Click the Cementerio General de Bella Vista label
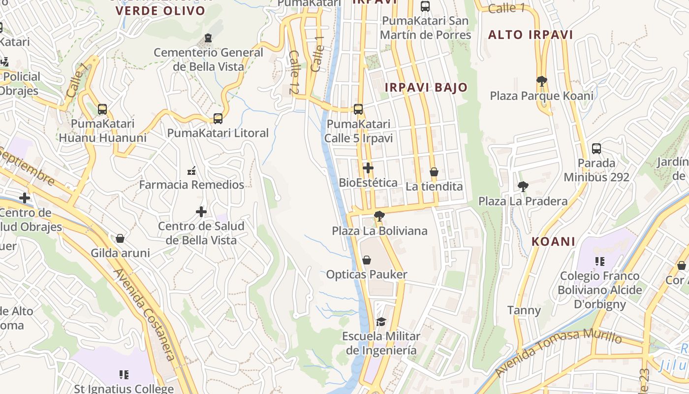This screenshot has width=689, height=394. pos(209,59)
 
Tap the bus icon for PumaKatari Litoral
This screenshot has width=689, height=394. pos(218,118)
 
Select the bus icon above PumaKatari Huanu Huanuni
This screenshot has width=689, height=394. pos(102,109)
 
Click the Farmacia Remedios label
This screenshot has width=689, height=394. pos(191,185)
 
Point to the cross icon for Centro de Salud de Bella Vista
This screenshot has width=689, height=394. pos(201,212)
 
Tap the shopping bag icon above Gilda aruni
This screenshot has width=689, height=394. pos(120,239)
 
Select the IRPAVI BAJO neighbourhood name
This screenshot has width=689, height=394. pos(426,87)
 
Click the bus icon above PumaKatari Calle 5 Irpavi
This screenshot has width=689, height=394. pos(358,109)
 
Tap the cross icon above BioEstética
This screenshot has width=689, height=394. pos(368,168)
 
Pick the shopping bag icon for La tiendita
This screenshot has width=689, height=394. pos(434,172)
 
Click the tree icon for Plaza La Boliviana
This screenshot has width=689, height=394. pos(379,216)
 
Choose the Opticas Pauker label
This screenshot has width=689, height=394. pos(367,274)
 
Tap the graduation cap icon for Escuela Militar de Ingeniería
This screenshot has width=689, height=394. pos(381,322)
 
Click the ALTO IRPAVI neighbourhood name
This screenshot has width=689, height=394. pos(531,34)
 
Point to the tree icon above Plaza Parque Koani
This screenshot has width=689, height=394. pos(541,81)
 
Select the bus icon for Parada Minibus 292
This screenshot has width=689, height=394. pos(596,148)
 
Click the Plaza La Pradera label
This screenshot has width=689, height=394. pos(523,201)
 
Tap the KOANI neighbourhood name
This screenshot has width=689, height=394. pos(554,241)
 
